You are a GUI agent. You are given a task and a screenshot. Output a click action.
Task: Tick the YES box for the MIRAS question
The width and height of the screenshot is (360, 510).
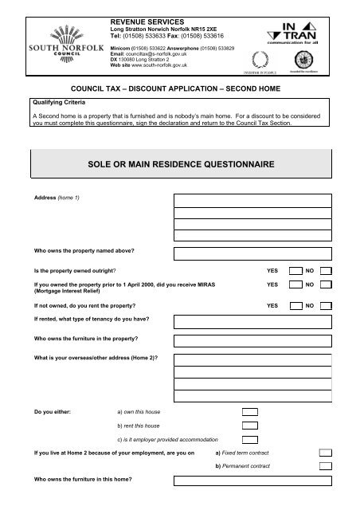tap(295, 284)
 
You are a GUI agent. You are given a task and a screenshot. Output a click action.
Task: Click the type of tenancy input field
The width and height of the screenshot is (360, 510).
tap(253, 324)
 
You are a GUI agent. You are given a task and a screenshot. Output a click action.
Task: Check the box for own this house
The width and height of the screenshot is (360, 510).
tap(250, 412)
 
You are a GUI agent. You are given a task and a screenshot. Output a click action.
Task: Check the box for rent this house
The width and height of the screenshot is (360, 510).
tap(250, 426)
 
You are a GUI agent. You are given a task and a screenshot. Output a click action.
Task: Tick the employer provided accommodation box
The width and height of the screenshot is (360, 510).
tap(250, 440)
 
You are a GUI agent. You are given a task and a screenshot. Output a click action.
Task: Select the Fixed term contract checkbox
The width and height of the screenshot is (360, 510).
tap(325, 453)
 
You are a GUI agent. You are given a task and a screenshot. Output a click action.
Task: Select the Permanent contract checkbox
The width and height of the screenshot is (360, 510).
tap(325, 466)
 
